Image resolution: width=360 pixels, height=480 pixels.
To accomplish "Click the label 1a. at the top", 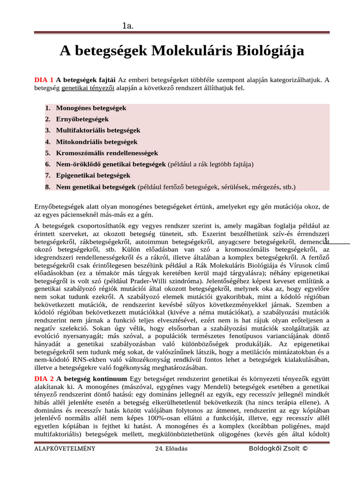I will click(128, 26).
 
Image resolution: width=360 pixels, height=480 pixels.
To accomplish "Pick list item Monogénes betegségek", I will click(91, 108).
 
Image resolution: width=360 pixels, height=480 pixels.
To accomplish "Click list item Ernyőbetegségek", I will click(82, 119).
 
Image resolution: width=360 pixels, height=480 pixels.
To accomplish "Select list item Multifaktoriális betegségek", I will click(98, 130).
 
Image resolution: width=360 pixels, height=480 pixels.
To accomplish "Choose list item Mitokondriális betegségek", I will click(97, 142).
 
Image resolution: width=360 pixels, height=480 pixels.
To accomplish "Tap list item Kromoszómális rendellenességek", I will click(107, 153).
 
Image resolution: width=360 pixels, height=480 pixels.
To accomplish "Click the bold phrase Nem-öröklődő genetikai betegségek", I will click(111, 164).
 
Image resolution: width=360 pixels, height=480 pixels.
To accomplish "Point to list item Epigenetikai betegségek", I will click(93, 175).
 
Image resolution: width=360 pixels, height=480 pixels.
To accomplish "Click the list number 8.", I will click(47, 187).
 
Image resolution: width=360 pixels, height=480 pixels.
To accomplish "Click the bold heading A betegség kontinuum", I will click(91, 378).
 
